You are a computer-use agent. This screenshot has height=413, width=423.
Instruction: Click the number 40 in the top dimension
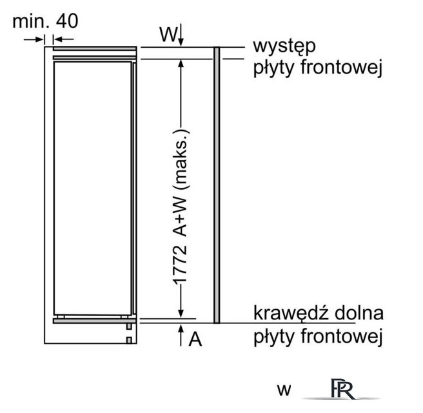pyautogui.click(x=67, y=21)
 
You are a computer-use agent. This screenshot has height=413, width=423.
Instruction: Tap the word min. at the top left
pyautogui.click(x=31, y=21)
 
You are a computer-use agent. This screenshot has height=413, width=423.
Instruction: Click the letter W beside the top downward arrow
pyautogui.click(x=168, y=34)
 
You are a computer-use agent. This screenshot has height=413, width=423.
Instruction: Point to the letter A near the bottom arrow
pyautogui.click(x=195, y=339)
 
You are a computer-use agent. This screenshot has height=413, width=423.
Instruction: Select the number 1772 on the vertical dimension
pyautogui.click(x=180, y=265)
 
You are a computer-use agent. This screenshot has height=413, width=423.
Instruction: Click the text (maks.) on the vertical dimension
pyautogui.click(x=181, y=159)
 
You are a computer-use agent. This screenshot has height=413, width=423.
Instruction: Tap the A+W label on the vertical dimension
pyautogui.click(x=180, y=217)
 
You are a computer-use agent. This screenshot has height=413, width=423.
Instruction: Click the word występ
pyautogui.click(x=284, y=47)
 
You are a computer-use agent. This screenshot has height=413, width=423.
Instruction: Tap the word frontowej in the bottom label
pyautogui.click(x=342, y=336)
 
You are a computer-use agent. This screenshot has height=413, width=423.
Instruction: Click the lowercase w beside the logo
pyautogui.click(x=284, y=390)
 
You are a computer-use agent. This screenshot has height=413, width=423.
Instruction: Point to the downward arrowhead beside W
pyautogui.click(x=181, y=43)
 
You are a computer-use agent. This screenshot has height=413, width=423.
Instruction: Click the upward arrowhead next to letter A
pyautogui.click(x=181, y=328)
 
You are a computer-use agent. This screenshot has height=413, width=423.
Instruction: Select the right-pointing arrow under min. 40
pyautogui.click(x=34, y=39)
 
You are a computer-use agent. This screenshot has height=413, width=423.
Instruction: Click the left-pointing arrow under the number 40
pyautogui.click(x=63, y=39)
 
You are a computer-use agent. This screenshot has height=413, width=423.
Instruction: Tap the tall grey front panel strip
pyautogui.click(x=217, y=185)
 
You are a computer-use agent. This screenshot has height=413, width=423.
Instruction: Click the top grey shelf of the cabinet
pyautogui.click(x=95, y=48)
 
